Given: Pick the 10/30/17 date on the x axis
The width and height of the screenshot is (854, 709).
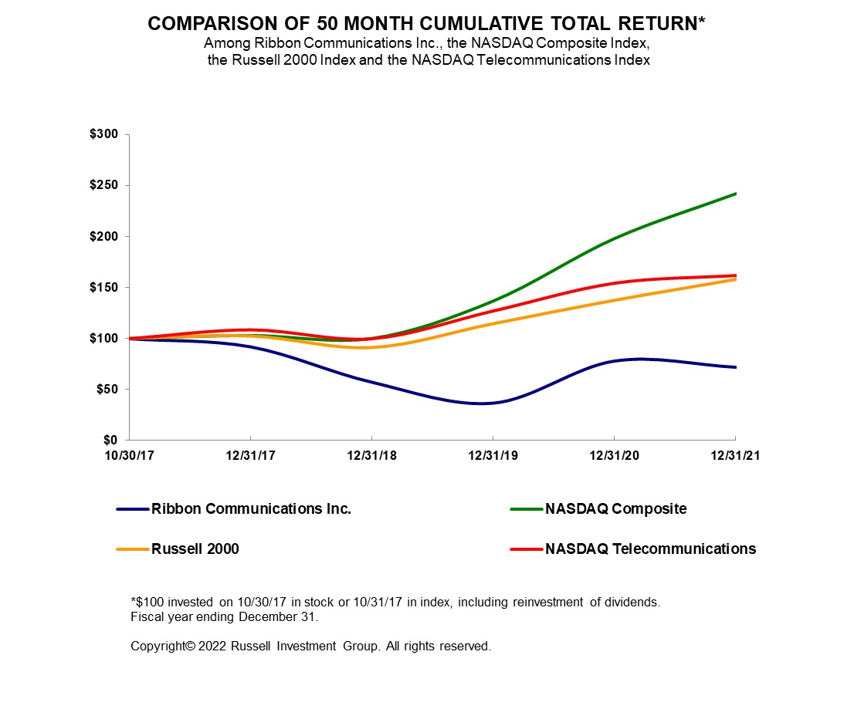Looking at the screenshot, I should [x=129, y=456].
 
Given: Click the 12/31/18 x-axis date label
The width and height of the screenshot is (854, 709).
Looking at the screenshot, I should [x=371, y=456].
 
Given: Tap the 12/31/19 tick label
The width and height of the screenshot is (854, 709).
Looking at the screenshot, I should [x=493, y=456].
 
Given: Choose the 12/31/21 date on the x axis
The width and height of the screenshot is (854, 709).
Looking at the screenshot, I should [x=734, y=456].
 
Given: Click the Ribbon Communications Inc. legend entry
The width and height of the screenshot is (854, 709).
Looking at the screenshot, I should [x=251, y=509].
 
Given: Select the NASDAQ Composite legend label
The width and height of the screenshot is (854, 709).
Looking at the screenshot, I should [x=615, y=509].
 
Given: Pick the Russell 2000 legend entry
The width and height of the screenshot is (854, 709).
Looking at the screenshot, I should [x=195, y=549].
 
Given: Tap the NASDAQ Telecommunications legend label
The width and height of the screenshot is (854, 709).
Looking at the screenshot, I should [x=650, y=549].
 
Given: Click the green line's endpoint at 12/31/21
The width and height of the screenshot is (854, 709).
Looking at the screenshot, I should [x=734, y=194].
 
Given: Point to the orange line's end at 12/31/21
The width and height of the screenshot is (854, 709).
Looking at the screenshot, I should [x=734, y=279].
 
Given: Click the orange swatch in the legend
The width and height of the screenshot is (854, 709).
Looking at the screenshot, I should [x=132, y=549].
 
